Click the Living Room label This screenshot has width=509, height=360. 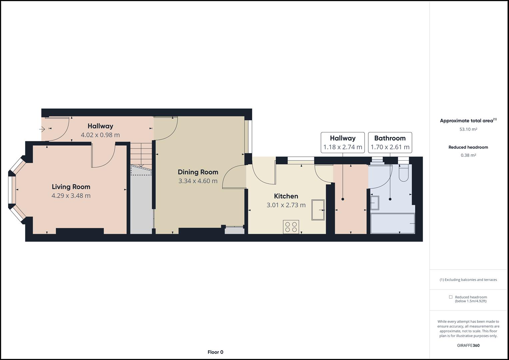[71, 187]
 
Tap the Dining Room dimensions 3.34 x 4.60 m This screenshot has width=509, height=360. [198, 181]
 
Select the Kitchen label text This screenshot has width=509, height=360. [286, 196]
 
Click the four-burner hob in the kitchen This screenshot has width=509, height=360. [291, 227]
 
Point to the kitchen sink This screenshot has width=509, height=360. [318, 210]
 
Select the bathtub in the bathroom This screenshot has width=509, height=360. [393, 223]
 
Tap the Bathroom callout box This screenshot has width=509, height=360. [390, 142]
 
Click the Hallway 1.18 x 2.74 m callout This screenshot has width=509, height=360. [343, 142]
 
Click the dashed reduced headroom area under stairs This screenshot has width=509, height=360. [141, 171]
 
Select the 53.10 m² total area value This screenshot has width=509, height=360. [468, 129]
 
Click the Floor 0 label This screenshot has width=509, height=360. [215, 352]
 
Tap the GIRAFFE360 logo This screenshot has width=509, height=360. [468, 345]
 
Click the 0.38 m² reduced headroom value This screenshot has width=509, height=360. [468, 155]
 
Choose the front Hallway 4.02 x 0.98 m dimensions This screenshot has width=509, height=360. [100, 135]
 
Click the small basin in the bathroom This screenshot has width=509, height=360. [375, 203]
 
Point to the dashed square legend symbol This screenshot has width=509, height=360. [451, 297]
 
